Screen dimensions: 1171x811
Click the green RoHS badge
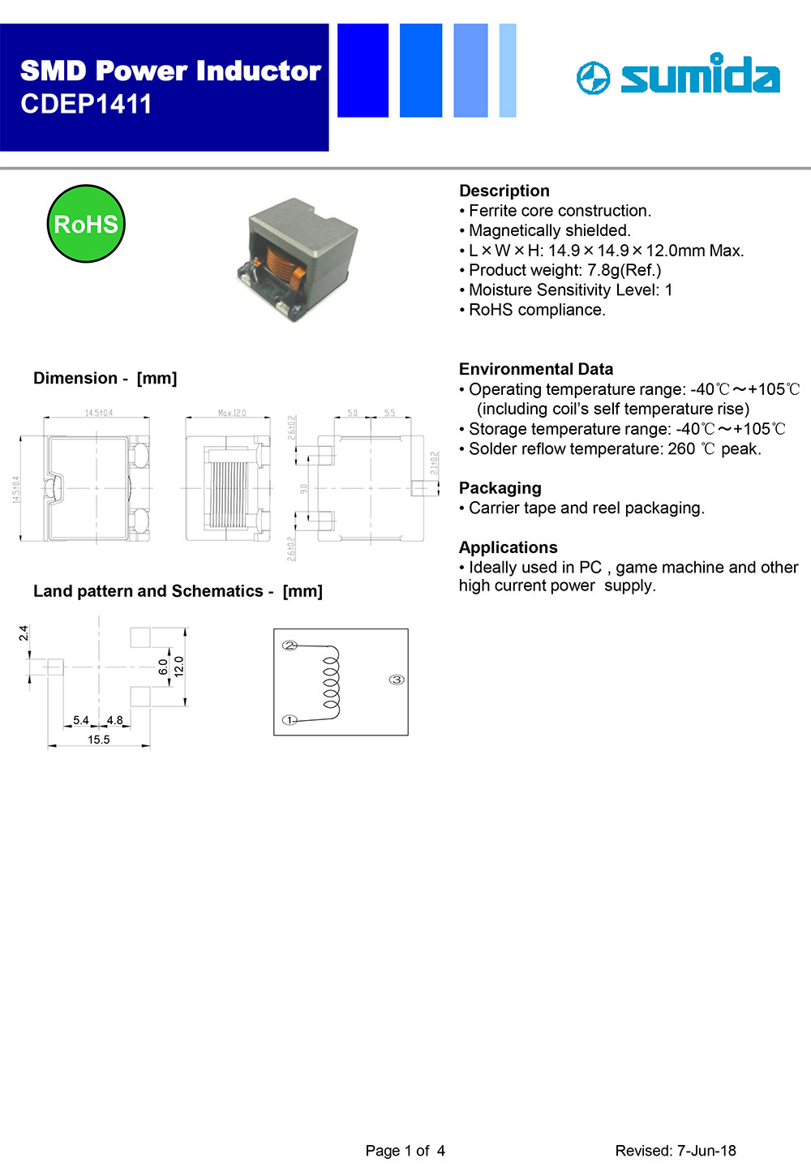coord(86,224)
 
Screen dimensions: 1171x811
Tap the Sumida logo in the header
coord(678,75)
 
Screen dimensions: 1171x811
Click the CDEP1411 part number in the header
coord(86,105)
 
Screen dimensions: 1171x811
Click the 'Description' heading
coord(504,191)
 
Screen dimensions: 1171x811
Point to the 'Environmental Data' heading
coord(536,369)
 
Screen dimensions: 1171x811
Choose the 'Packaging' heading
coord(500,488)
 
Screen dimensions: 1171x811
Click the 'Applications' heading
coord(508,547)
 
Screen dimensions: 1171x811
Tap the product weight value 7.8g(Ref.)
coord(624,270)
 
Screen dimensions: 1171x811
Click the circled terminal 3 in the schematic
coord(397,680)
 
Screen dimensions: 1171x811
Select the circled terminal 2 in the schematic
coord(290,646)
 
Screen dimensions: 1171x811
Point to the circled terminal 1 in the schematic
coord(290,720)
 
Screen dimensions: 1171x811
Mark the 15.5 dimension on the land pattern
coord(99,740)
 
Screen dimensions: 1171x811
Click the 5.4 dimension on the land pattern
coord(81,720)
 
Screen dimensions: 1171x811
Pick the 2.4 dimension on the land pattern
coord(24,633)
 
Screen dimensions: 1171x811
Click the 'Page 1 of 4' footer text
coord(405,1150)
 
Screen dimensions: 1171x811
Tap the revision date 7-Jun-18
coord(706,1150)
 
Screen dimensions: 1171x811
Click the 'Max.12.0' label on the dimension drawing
coord(232,414)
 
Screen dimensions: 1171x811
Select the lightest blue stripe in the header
coord(508,71)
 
